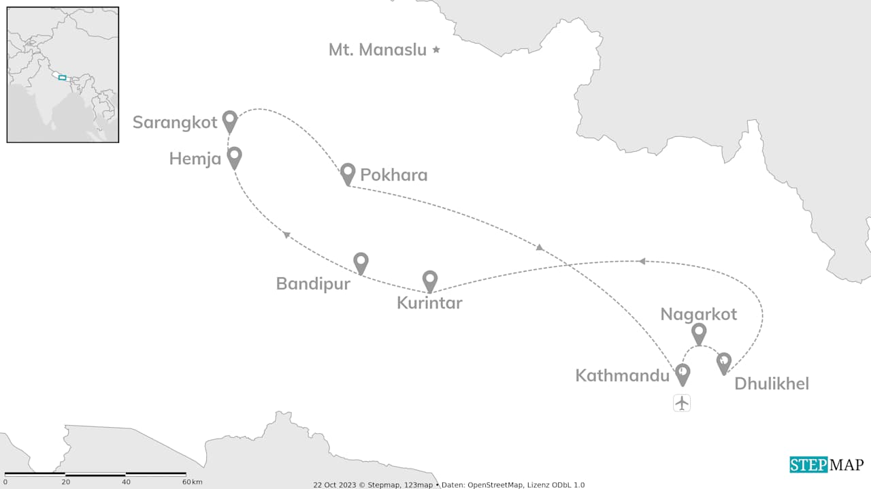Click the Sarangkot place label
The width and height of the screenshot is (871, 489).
coord(175,123)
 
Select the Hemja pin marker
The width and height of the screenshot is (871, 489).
coord(234,157)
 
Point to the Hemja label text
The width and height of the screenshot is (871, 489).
coord(195,159)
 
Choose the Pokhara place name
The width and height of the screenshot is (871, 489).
coord(394,175)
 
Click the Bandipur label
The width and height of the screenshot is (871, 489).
coord(313,284)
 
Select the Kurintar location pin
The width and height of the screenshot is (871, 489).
coord(430,281)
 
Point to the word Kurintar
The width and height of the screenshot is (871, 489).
coord(429,304)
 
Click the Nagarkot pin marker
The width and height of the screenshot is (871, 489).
coord(699,334)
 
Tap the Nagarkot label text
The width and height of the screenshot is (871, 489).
coord(699,314)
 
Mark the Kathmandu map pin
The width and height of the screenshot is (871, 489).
coord(683,374)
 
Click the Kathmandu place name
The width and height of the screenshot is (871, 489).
coord(623,375)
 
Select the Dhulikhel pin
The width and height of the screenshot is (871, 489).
coord(724,363)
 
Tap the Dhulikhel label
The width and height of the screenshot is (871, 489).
coord(772,384)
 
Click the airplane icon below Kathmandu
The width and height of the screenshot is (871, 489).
coord(682,403)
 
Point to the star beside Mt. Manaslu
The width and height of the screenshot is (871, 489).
coord(437,50)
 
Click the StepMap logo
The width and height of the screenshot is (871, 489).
coord(827,465)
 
